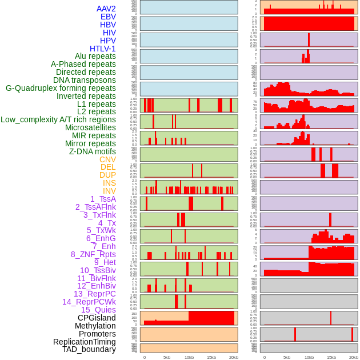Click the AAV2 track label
106,9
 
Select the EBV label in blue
108,17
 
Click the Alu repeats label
95,56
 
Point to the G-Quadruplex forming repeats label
61,88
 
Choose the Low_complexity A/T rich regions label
58,119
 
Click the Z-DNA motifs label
92,151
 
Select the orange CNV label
107,159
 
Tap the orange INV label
109,191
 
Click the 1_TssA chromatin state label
103,199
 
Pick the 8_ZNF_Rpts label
93,254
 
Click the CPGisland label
97,318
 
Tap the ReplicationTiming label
85,342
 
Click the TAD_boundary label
89,349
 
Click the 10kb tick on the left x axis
189,357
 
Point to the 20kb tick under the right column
353,357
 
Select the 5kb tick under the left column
167,357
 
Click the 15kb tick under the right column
331,357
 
